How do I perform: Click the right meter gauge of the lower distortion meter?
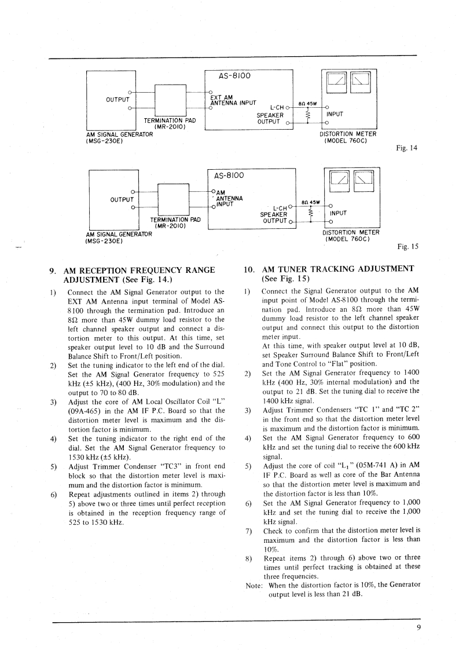pyautogui.click(x=362, y=179)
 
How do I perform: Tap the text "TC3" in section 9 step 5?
pyautogui.click(x=163, y=466)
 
